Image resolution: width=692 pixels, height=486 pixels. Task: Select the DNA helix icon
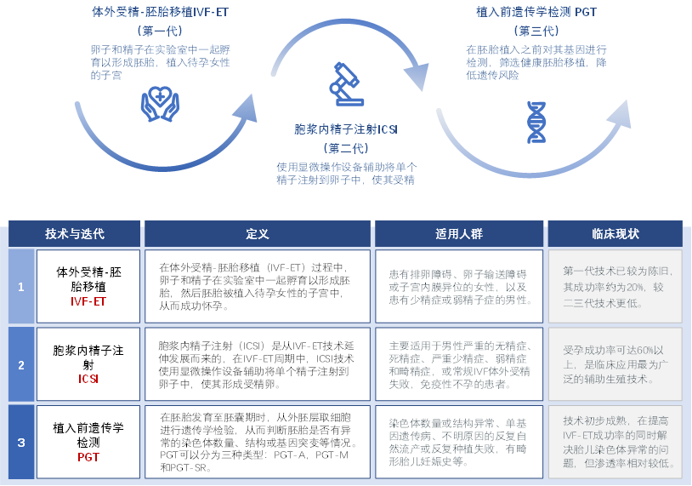point(536,122)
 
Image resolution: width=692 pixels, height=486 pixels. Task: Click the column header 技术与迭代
point(75,233)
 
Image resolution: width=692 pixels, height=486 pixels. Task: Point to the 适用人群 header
point(458,233)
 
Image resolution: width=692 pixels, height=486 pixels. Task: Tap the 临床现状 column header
point(615,233)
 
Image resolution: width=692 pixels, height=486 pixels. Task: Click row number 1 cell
point(21,287)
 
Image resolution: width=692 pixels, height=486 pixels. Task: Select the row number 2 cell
point(21,364)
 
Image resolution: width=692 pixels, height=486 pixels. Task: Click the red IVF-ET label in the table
point(88,301)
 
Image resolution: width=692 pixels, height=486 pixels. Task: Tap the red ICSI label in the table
point(88,379)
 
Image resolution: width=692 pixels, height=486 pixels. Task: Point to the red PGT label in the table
point(88,457)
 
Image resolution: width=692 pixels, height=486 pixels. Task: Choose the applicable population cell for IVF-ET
point(458,287)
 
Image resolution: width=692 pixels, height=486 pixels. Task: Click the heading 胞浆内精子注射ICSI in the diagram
point(346,129)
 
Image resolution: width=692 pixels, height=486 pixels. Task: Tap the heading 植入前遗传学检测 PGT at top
point(536,13)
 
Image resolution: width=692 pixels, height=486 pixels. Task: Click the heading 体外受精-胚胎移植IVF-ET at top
point(160,13)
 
